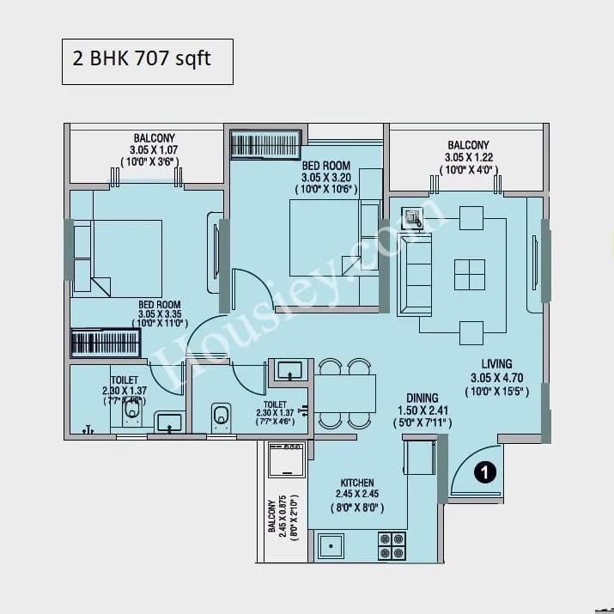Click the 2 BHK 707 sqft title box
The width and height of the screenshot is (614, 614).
147,60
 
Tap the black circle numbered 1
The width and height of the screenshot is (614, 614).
485,471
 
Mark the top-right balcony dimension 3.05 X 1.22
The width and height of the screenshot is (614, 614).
468,157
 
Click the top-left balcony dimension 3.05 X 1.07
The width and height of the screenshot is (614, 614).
154,149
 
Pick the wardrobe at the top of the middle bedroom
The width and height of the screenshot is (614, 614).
266,143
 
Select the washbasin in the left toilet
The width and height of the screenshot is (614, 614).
169,421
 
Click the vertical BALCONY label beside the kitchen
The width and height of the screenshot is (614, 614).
272,520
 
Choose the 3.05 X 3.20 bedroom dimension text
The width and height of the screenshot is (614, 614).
327,178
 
